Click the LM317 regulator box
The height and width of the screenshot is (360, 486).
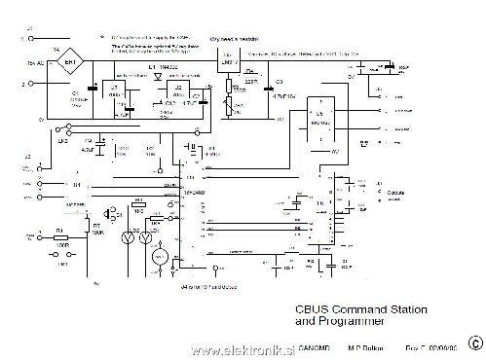(x=230, y=60)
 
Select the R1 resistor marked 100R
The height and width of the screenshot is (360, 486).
(x=61, y=236)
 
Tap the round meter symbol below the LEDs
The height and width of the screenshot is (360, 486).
(x=154, y=256)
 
